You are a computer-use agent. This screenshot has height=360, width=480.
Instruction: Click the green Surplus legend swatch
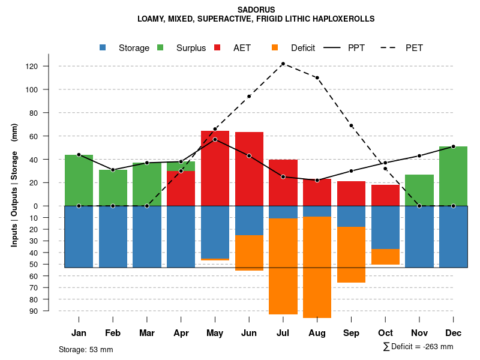pyautogui.click(x=160, y=48)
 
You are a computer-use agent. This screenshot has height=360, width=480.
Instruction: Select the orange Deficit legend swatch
pyautogui.click(x=275, y=48)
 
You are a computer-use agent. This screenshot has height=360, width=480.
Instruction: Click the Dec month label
pyautogui.click(x=453, y=333)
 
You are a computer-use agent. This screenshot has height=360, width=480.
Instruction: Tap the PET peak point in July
pyautogui.click(x=283, y=64)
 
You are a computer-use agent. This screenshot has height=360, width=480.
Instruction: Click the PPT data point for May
pyautogui.click(x=215, y=139)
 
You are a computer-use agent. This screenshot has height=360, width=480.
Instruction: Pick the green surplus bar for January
pyautogui.click(x=79, y=180)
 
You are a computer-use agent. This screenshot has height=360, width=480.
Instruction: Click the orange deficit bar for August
pyautogui.click(x=317, y=267)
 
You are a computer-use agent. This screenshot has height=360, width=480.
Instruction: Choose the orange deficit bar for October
pyautogui.click(x=385, y=257)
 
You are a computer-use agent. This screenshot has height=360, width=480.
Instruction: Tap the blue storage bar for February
pyautogui.click(x=113, y=236)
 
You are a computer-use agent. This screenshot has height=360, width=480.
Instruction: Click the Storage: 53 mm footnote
pyautogui.click(x=86, y=349)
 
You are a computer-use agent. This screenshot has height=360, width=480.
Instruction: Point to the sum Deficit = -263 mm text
pyautogui.click(x=418, y=346)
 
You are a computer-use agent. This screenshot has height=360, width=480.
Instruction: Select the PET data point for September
pyautogui.click(x=351, y=125)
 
